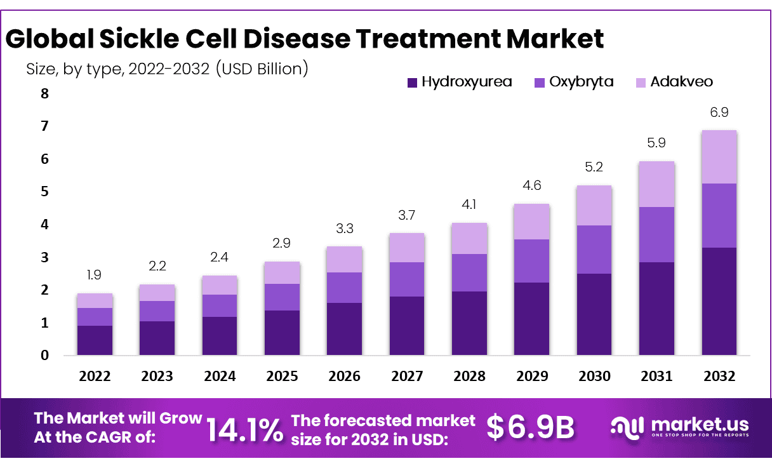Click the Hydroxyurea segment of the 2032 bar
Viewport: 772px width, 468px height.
coord(719,301)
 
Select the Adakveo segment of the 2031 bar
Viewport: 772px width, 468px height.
coord(656,184)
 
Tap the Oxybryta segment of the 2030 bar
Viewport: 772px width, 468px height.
coord(594,250)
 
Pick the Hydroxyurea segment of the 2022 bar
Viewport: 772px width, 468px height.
coord(95,340)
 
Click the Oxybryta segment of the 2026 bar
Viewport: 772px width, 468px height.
coord(345,288)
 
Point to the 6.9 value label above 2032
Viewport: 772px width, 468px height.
coord(719,112)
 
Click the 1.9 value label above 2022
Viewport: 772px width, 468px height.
coord(95,275)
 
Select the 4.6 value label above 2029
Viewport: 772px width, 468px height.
coord(532,186)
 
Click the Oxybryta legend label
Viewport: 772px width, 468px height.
coord(582,82)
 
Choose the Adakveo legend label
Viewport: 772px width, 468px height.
coord(681,82)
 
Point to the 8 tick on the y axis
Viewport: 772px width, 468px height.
coord(44,94)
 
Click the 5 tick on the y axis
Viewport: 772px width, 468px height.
coord(44,192)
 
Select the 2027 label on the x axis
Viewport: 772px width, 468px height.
coord(407,376)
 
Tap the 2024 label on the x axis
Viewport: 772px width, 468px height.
coord(220,376)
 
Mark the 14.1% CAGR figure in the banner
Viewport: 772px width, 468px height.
coord(245,430)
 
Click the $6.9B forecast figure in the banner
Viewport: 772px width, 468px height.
coord(530,427)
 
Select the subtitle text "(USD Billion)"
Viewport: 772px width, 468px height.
coord(262,69)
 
